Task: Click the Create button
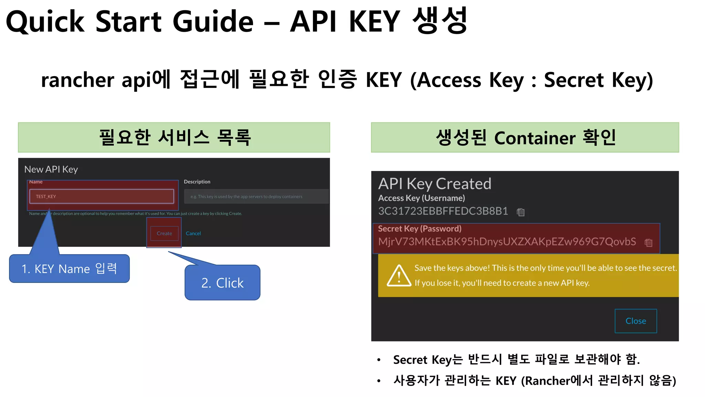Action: (x=164, y=233)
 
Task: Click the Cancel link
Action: (x=193, y=233)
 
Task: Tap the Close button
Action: (x=635, y=321)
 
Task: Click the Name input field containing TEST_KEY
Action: (x=102, y=196)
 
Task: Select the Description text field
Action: (x=256, y=196)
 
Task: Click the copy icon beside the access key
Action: (x=520, y=212)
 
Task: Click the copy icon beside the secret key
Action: (x=649, y=243)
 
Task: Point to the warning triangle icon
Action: (x=399, y=276)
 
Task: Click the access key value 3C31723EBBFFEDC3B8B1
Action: (x=443, y=211)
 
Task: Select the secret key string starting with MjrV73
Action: (x=507, y=242)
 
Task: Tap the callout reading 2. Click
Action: (x=222, y=283)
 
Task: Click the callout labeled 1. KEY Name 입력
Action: (x=70, y=269)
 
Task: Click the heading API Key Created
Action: (x=434, y=184)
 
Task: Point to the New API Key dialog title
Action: (x=51, y=169)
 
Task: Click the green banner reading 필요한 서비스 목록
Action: (x=174, y=138)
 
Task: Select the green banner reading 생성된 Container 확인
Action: (x=525, y=138)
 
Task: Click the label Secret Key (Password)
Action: (x=420, y=228)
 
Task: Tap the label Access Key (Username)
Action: (x=421, y=198)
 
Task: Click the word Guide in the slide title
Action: (x=213, y=21)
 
